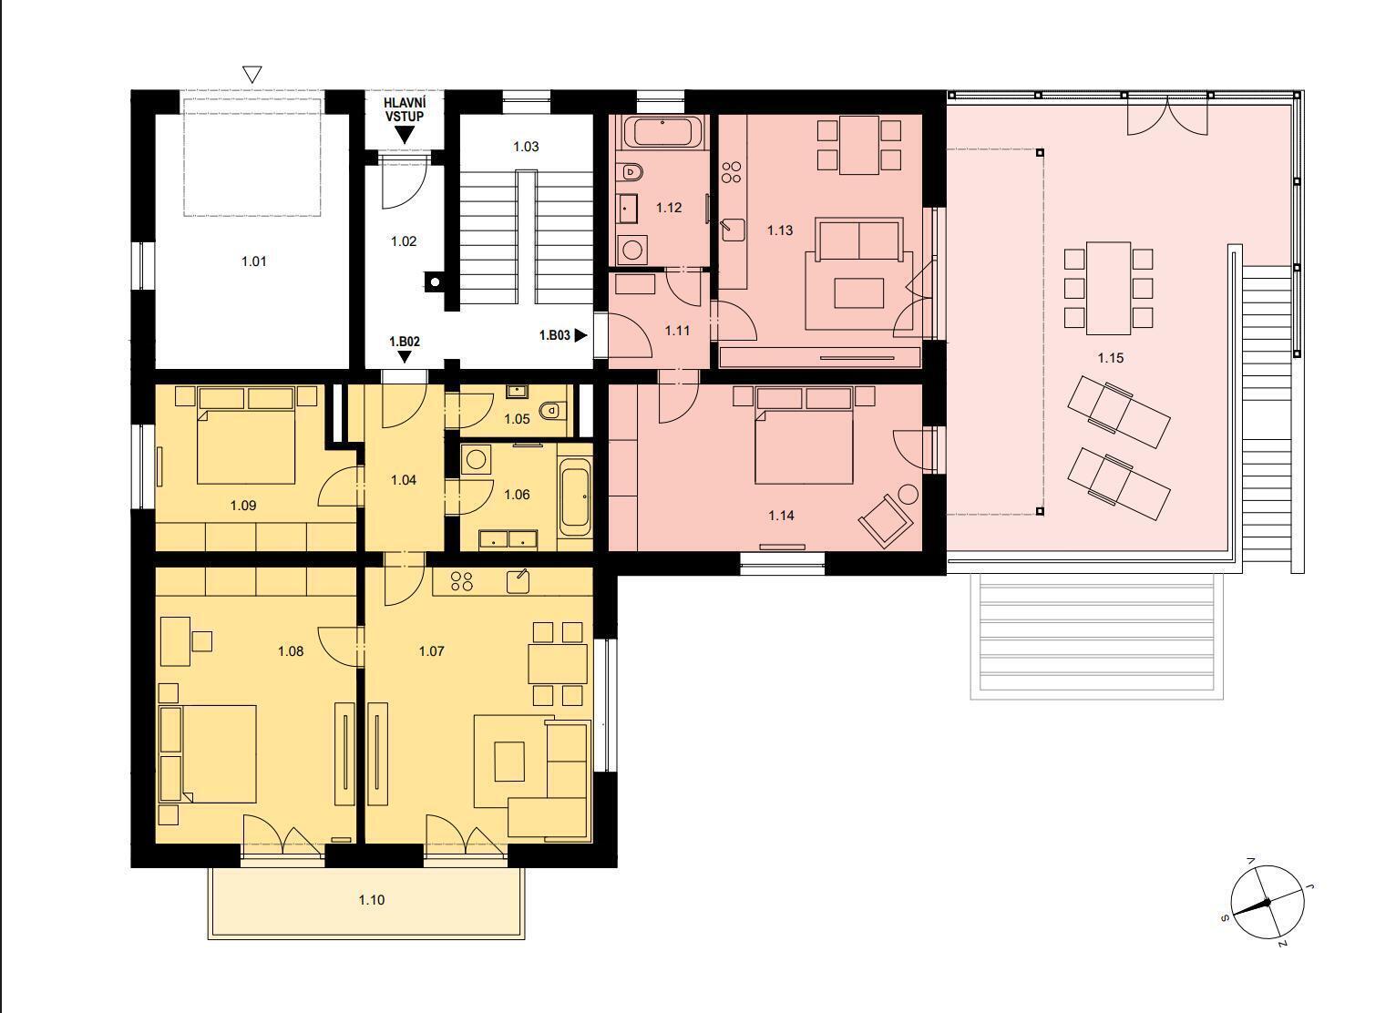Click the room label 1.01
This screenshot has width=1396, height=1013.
click(253, 261)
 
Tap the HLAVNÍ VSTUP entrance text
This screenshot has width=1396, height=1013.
click(405, 109)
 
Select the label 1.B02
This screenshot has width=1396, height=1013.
click(405, 342)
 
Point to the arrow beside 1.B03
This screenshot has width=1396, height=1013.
click(580, 335)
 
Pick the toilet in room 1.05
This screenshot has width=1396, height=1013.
click(550, 411)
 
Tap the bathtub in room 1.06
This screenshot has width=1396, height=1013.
click(575, 497)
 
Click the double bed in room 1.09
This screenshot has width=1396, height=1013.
click(246, 435)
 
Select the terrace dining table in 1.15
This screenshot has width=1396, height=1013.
click(1108, 289)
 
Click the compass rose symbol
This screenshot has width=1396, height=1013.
click(1267, 902)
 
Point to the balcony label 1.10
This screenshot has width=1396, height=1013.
click(372, 900)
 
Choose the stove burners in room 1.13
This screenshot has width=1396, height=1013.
click(732, 172)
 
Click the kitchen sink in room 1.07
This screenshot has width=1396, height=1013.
click(518, 581)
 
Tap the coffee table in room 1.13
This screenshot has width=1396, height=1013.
click(858, 293)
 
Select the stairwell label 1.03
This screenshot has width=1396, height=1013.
click(526, 147)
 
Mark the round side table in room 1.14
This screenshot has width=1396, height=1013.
click(908, 496)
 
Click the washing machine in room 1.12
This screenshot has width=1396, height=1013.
click(632, 251)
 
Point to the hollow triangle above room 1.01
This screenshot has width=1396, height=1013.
click(251, 74)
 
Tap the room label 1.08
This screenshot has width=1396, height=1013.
click(291, 651)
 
